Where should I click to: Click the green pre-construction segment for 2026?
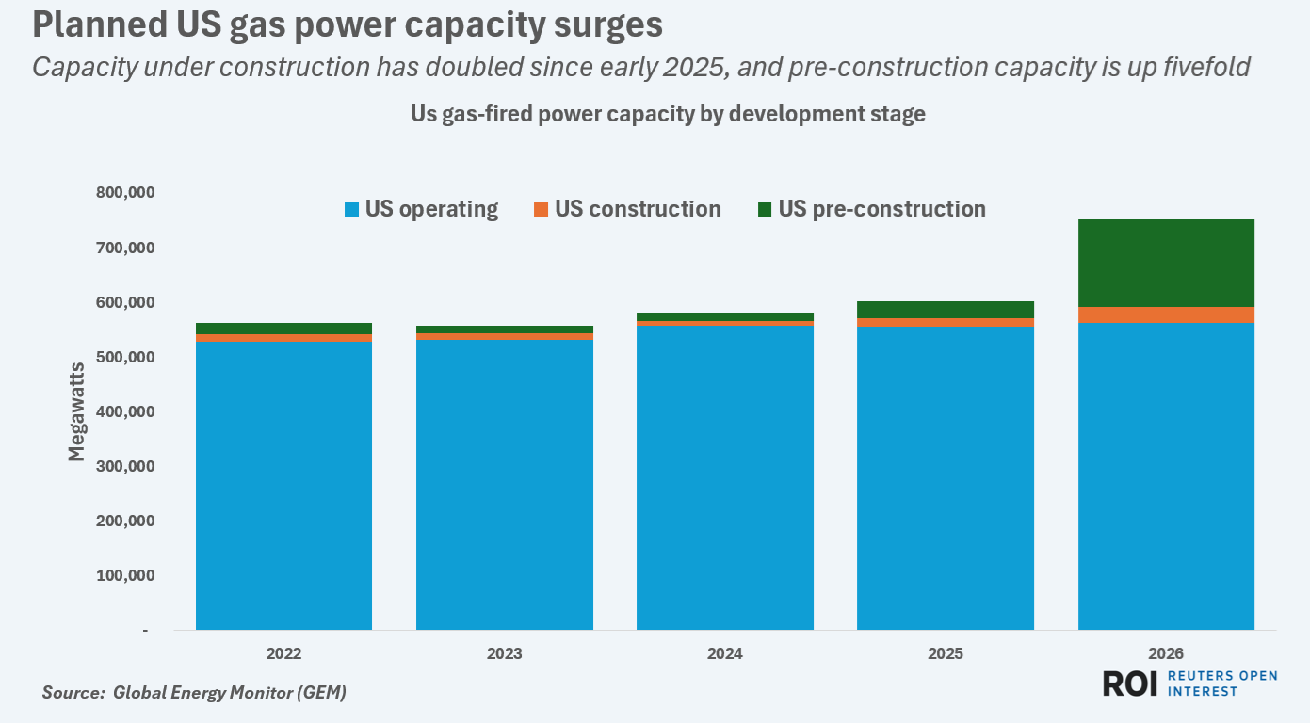pos(1166,263)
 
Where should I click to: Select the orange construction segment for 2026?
pos(1166,314)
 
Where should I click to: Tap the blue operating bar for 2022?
pos(283,485)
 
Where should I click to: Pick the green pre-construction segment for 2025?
pos(946,310)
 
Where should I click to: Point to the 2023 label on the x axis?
pos(505,653)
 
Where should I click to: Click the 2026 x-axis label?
pos(1166,653)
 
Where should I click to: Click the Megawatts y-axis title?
pos(76,411)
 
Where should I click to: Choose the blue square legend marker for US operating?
pos(352,210)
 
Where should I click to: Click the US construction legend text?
pos(638,209)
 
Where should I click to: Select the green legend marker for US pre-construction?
pos(765,210)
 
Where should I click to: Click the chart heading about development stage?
pos(668,114)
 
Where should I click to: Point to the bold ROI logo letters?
pos(1130,683)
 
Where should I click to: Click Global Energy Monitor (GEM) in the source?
pos(230,693)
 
